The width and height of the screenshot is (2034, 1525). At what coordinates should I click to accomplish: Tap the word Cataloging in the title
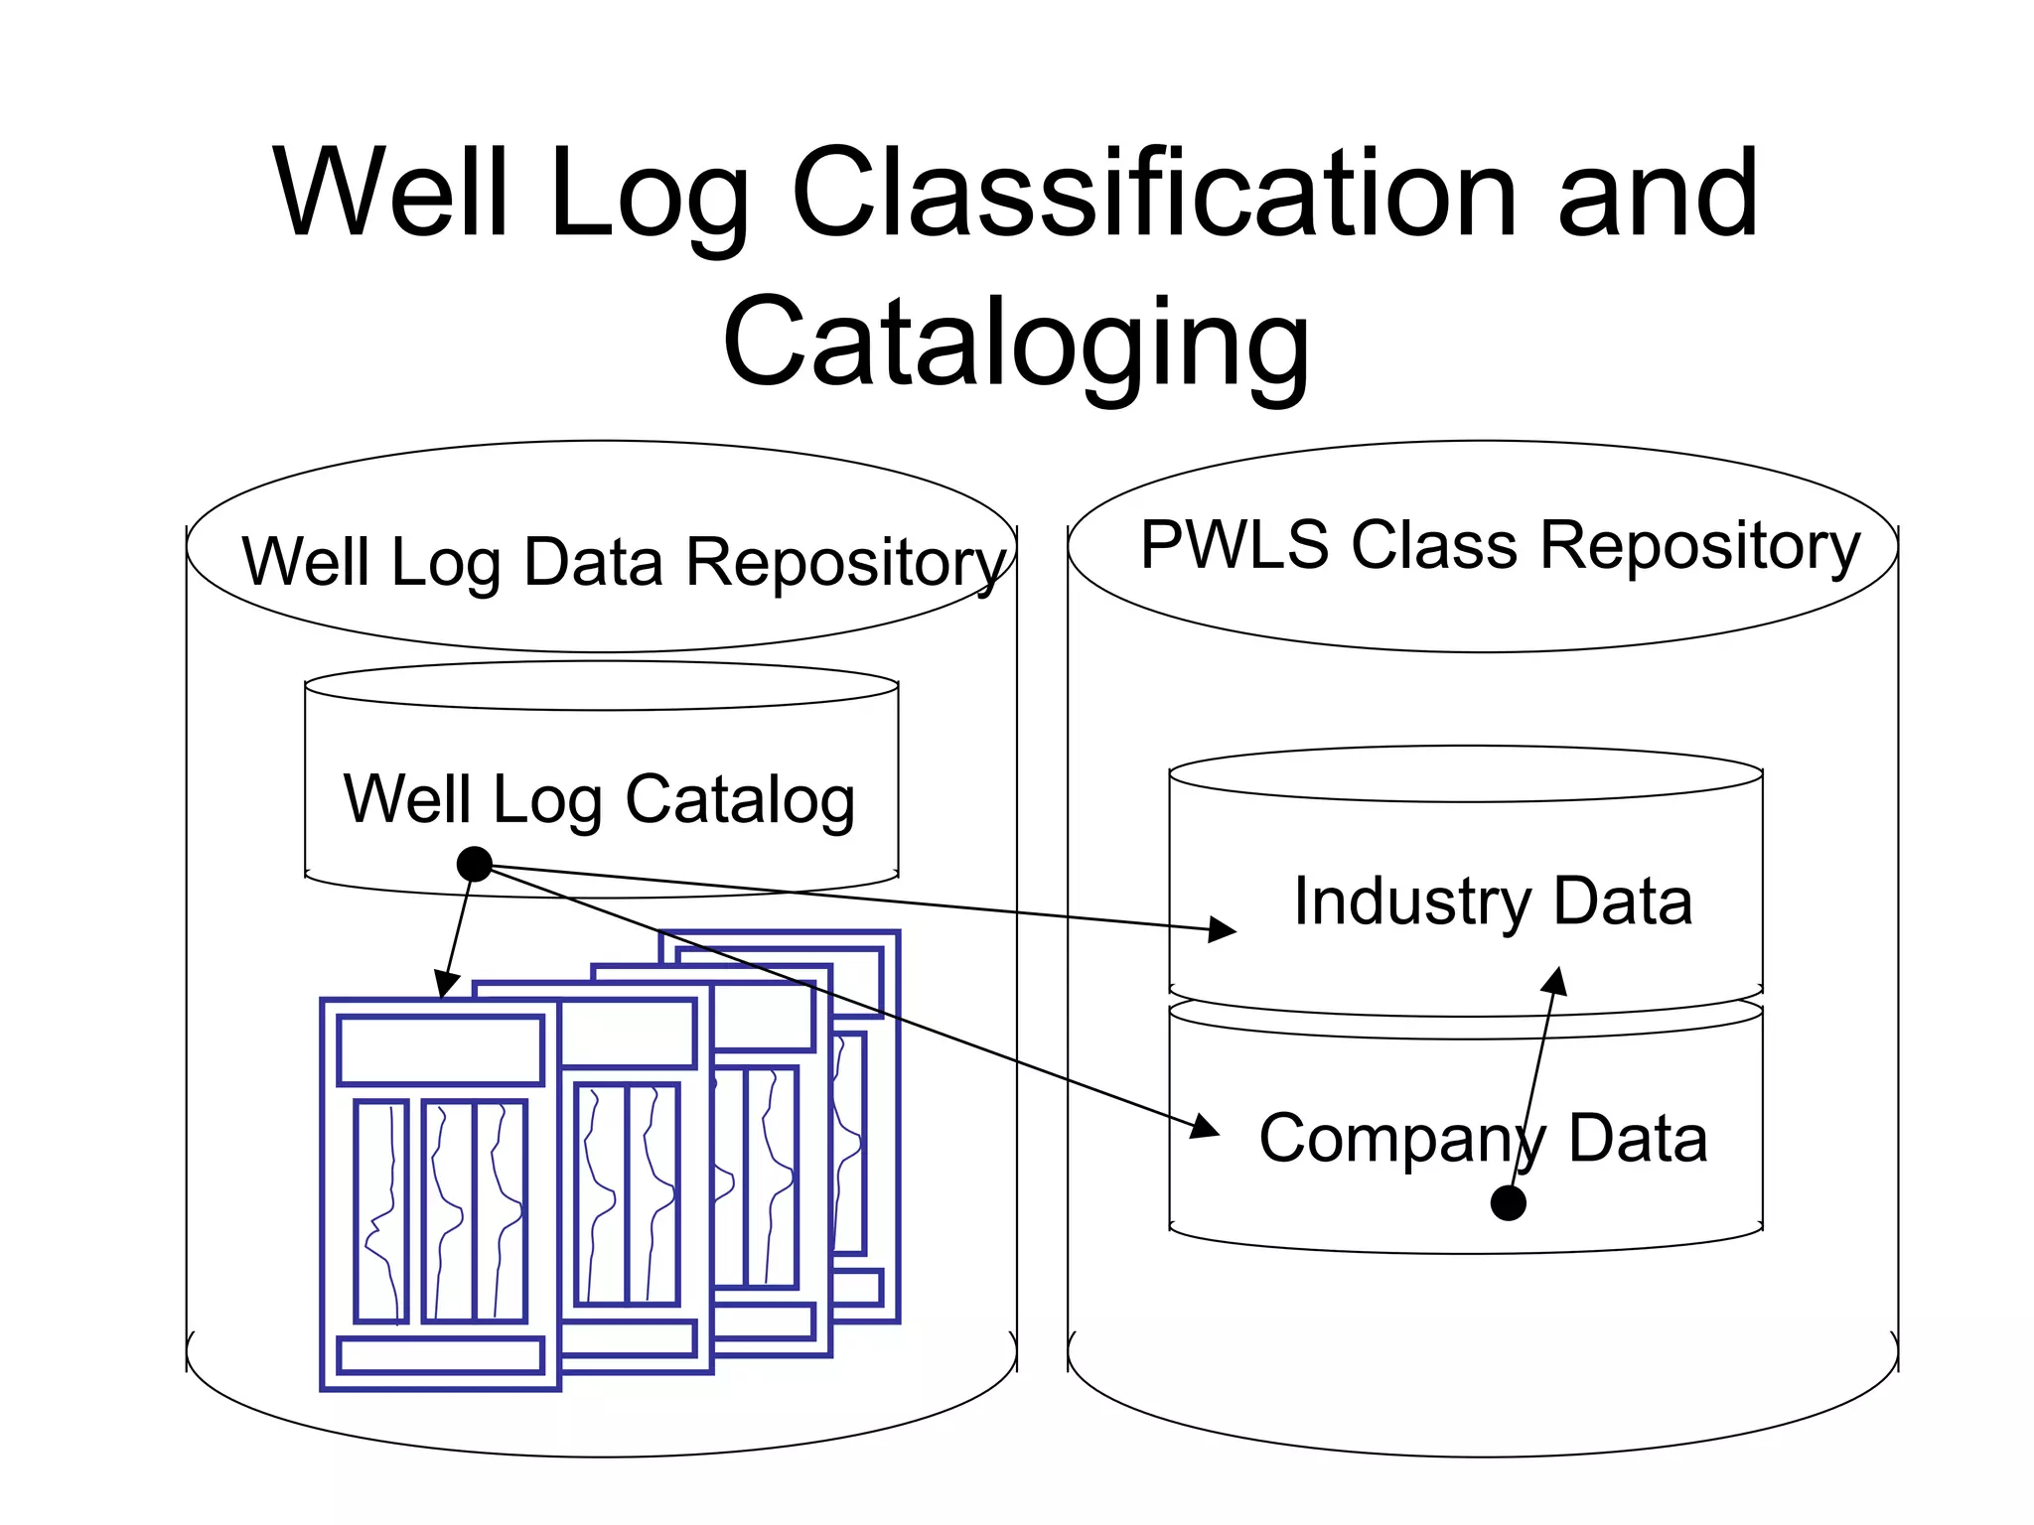click(1016, 343)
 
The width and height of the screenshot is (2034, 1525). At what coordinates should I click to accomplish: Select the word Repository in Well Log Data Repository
click(846, 564)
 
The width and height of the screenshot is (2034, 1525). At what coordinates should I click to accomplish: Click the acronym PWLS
click(1234, 545)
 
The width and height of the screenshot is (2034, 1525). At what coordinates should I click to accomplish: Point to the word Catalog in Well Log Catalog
click(739, 800)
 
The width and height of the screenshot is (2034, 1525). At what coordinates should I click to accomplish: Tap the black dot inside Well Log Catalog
click(475, 864)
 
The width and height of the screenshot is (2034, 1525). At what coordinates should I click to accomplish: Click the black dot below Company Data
click(1508, 1203)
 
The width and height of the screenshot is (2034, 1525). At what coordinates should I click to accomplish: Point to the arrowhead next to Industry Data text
click(1224, 930)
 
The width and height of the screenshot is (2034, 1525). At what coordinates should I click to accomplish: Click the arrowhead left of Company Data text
click(1206, 1127)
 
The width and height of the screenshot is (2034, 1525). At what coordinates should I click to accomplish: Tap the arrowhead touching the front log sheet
click(447, 985)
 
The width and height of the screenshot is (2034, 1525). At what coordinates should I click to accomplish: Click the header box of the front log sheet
click(440, 1049)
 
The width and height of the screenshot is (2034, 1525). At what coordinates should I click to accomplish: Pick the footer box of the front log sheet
click(440, 1355)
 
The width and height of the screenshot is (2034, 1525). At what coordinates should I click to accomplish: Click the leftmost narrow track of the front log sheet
click(381, 1210)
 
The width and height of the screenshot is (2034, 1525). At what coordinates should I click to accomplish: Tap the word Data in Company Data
click(1638, 1138)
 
